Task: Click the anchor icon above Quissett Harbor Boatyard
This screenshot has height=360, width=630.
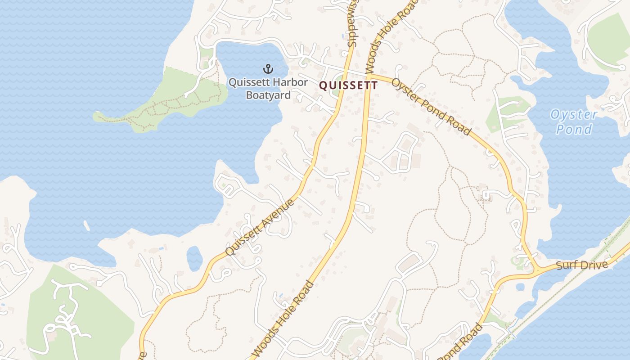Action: (x=268, y=69)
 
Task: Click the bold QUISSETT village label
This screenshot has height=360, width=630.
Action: (x=348, y=85)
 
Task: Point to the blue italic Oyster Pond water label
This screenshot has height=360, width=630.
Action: (x=574, y=122)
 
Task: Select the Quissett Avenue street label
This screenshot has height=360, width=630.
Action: (x=260, y=227)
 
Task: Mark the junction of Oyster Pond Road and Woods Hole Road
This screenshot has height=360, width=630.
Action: (x=369, y=75)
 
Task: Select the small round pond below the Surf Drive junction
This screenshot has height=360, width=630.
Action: (x=520, y=287)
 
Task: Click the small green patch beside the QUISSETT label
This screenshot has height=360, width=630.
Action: (x=335, y=92)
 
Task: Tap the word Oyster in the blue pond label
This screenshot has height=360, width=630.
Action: (x=574, y=115)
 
